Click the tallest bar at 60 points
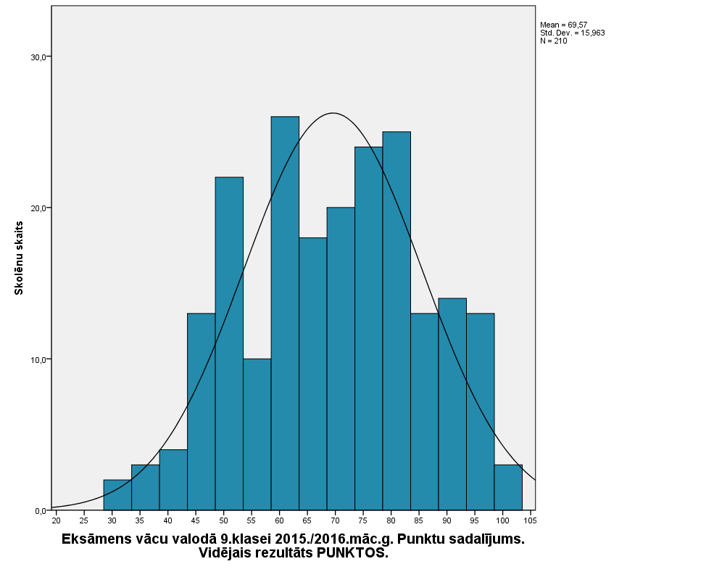tap(285, 312)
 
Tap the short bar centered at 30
tap(117, 495)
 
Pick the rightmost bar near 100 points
tap(508, 487)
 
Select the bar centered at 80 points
tap(397, 320)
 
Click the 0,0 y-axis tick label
tap(41, 510)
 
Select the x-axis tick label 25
tap(84, 520)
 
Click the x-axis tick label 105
tap(530, 520)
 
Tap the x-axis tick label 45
tap(196, 520)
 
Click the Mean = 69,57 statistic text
tap(563, 25)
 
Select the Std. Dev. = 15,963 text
tap(572, 33)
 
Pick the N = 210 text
tap(553, 41)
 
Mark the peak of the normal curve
tap(333, 113)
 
